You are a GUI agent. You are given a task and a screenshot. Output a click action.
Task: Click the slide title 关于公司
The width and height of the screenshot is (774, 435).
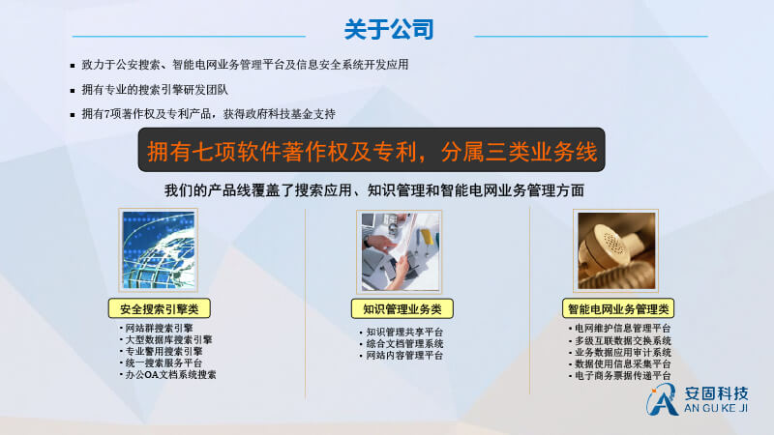(x=389, y=30)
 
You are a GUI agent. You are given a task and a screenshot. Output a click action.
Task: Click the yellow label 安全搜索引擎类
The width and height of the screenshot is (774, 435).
(x=160, y=308)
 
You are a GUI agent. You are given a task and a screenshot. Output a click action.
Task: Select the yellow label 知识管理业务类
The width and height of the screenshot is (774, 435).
(x=402, y=308)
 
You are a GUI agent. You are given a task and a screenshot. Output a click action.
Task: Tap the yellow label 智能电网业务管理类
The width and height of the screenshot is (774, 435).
(x=618, y=308)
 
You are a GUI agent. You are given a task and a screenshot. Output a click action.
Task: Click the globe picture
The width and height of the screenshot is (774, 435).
(x=159, y=250)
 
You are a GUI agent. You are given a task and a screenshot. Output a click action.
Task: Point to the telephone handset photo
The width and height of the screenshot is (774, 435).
(x=616, y=250)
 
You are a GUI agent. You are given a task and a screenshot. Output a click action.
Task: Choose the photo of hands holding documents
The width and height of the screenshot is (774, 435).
(x=400, y=251)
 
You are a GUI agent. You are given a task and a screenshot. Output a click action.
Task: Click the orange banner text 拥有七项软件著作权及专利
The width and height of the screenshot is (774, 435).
(x=282, y=151)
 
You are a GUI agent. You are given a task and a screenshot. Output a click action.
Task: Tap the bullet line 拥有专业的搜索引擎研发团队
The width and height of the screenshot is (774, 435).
(x=155, y=90)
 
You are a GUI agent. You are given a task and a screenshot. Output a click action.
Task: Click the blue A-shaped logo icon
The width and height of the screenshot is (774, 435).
(x=662, y=399)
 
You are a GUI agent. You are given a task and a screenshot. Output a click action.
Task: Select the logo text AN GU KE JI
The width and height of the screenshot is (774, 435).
(x=716, y=408)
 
